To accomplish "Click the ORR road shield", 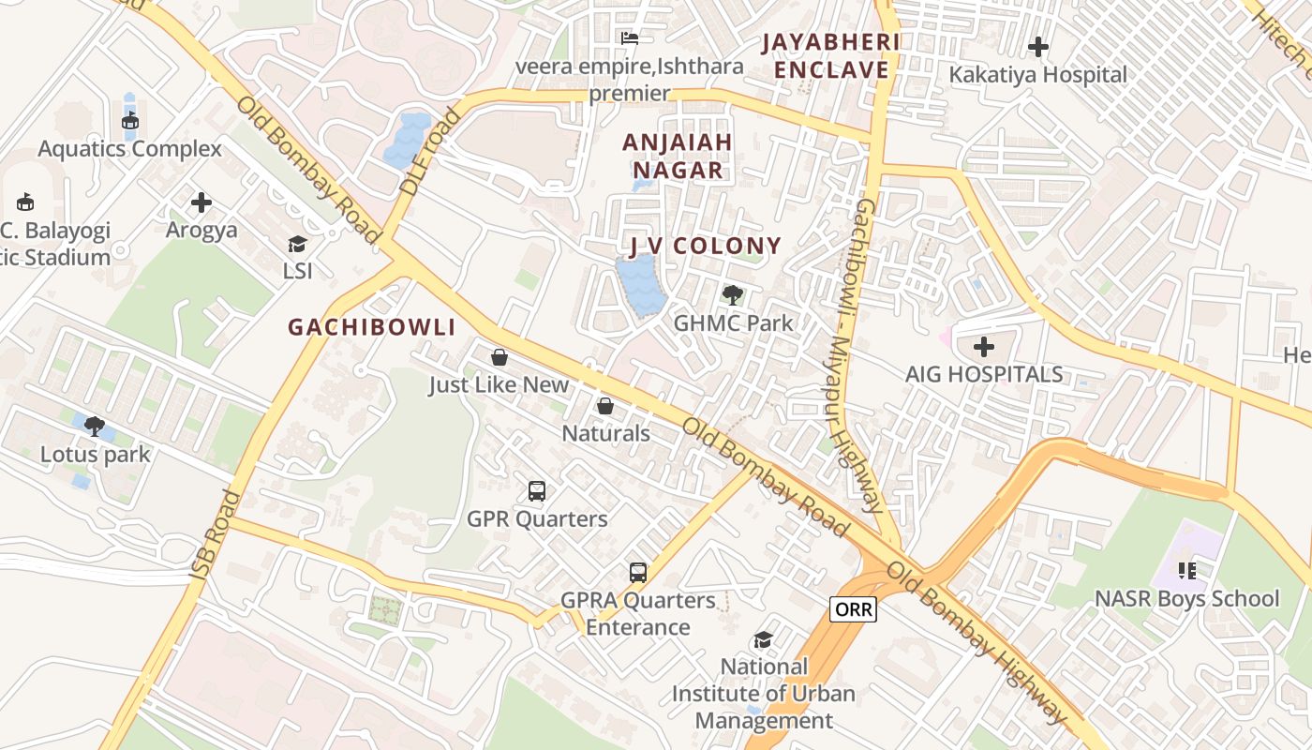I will click(x=853, y=609).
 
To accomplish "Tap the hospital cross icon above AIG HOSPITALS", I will click(x=983, y=348).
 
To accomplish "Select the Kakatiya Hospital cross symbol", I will click(x=1038, y=47).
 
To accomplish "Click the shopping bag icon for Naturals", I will click(x=605, y=406).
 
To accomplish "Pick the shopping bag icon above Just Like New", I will click(x=499, y=357).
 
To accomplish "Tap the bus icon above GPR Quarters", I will click(x=537, y=490).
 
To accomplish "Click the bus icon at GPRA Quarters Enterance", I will click(x=638, y=572).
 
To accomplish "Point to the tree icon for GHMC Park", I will click(x=733, y=295).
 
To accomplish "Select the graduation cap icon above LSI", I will click(x=297, y=245).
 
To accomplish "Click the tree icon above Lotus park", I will click(x=94, y=427).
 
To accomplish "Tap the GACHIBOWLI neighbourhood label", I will click(x=372, y=327).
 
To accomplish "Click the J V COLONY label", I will click(x=705, y=247).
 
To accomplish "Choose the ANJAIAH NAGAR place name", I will click(x=678, y=156).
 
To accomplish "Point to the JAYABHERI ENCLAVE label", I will click(x=829, y=56).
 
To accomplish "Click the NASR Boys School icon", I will click(x=1187, y=570).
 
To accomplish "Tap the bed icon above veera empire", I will click(x=630, y=38).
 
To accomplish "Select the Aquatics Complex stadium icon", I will click(x=130, y=120).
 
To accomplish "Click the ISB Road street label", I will click(x=209, y=534).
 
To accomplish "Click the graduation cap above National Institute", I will click(x=764, y=639).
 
